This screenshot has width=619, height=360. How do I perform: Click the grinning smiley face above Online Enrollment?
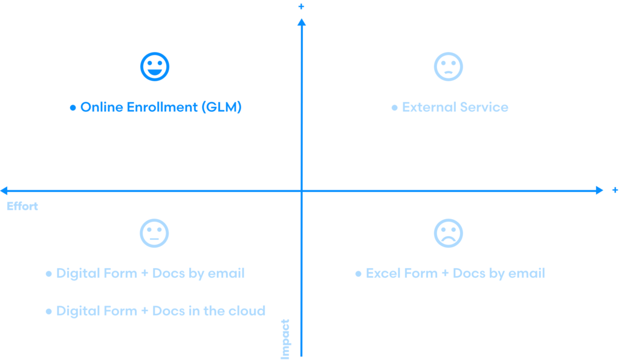(155, 66)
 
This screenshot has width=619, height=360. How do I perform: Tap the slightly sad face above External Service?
(449, 66)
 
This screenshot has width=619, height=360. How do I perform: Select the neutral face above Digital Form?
(155, 233)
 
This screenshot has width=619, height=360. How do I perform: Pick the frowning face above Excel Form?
(449, 233)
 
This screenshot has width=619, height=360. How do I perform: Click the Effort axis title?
(22, 207)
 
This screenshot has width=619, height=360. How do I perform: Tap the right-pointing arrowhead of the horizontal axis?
(598, 190)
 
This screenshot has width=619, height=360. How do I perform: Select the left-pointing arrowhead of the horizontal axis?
(5, 190)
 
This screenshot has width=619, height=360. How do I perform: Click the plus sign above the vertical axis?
(302, 6)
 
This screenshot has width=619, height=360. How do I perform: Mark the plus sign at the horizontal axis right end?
(615, 190)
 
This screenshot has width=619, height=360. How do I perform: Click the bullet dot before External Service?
(395, 108)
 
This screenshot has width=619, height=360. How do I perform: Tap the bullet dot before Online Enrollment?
(73, 108)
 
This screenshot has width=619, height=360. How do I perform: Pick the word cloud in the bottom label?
(247, 311)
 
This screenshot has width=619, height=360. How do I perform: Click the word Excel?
(381, 273)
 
